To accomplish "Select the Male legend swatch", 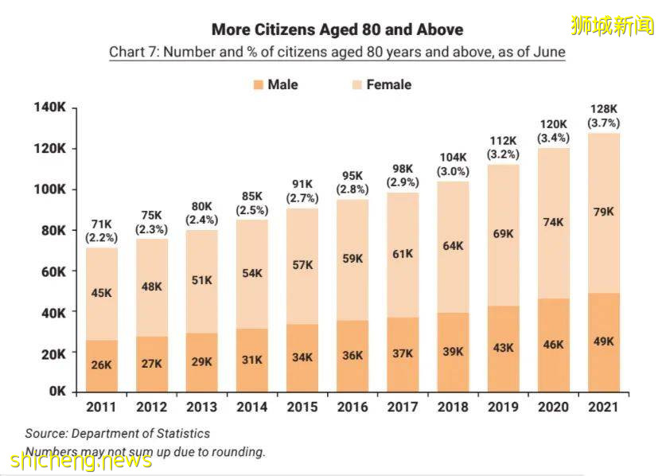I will tap(258, 84).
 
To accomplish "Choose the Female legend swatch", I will tap(356, 84).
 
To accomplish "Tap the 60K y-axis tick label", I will tap(53, 271).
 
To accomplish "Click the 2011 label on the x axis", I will tap(100, 407).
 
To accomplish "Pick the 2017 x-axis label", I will tap(403, 407).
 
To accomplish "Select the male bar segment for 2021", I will tap(603, 342).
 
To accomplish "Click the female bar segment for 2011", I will tap(100, 294).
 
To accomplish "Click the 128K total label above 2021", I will tap(603, 108).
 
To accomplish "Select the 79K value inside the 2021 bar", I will tap(603, 213).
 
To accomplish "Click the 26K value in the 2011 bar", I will tap(100, 365).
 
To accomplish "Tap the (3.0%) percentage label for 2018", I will tap(453, 171).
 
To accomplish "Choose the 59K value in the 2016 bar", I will tap(352, 258).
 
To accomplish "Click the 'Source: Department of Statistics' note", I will tap(118, 434).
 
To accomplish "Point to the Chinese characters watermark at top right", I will tap(612, 25).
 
